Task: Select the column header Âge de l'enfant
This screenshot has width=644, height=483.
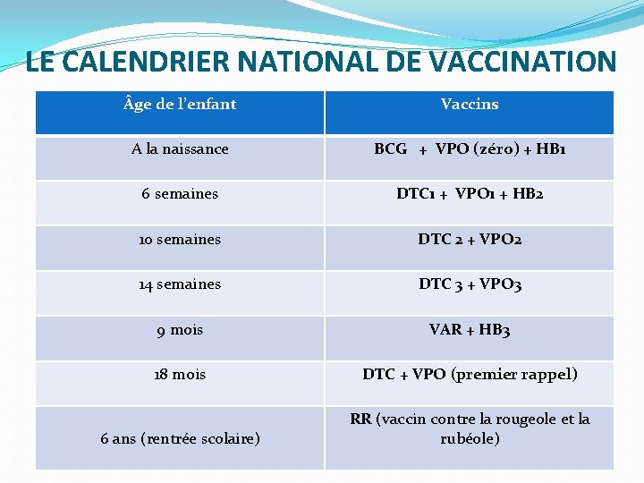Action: pyautogui.click(x=180, y=105)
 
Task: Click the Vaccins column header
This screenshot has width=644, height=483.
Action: pyautogui.click(x=470, y=105)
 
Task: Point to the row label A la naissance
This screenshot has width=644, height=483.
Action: pyautogui.click(x=180, y=149)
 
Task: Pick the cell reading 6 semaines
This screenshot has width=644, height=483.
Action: pyautogui.click(x=180, y=194)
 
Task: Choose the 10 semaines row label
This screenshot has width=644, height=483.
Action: pyautogui.click(x=180, y=240)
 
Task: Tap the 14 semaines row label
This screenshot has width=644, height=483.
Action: pyautogui.click(x=180, y=284)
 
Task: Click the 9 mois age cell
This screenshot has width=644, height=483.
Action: pyautogui.click(x=180, y=330)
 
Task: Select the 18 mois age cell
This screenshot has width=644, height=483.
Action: pyautogui.click(x=180, y=375)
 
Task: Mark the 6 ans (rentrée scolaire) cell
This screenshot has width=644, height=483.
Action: pyautogui.click(x=180, y=438)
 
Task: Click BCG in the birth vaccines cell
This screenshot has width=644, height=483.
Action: pyautogui.click(x=391, y=149)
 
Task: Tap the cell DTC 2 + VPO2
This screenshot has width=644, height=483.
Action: pyautogui.click(x=470, y=240)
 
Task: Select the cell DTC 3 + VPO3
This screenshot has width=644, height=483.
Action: pyautogui.click(x=470, y=284)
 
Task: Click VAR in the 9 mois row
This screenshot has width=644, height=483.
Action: pyautogui.click(x=445, y=330)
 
